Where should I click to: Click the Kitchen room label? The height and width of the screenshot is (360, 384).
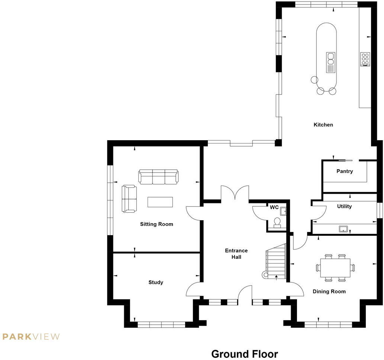pyautogui.click(x=323, y=125)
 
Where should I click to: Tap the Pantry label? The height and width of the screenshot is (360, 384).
pyautogui.click(x=344, y=171)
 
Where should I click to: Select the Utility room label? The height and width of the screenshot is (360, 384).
pyautogui.click(x=344, y=206)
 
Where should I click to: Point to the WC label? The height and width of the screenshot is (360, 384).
pyautogui.click(x=274, y=207)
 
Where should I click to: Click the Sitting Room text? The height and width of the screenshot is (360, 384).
pyautogui.click(x=156, y=224)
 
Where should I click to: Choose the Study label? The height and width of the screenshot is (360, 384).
pyautogui.click(x=156, y=282)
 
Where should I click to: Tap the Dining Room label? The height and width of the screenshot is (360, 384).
pyautogui.click(x=329, y=292)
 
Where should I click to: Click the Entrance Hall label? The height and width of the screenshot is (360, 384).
pyautogui.click(x=236, y=254)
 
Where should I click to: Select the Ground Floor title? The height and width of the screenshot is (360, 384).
pyautogui.click(x=244, y=353)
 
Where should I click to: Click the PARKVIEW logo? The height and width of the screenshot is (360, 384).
pyautogui.click(x=31, y=337)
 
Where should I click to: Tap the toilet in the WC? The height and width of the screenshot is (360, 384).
pyautogui.click(x=277, y=222)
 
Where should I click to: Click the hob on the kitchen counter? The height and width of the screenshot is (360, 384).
pyautogui.click(x=365, y=59)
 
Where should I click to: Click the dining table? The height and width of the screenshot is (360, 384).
pyautogui.click(x=335, y=267)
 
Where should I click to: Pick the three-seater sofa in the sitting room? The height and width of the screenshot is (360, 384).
pyautogui.click(x=158, y=177)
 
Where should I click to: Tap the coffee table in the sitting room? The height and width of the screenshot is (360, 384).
pyautogui.click(x=160, y=202)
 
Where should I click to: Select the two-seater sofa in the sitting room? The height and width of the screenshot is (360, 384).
pyautogui.click(x=129, y=199)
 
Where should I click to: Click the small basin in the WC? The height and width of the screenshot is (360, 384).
pyautogui.click(x=283, y=211)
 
